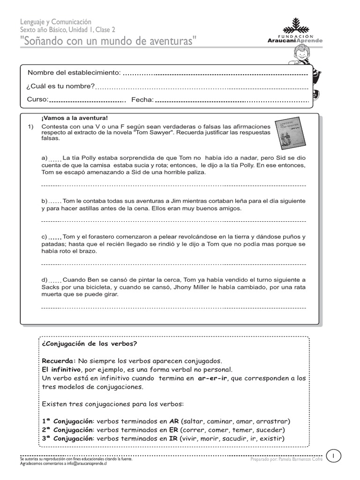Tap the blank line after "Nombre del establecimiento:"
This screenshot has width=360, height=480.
click(x=215, y=74)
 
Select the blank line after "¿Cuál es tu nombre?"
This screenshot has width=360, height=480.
click(x=202, y=87)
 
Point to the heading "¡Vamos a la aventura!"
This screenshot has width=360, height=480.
click(x=75, y=118)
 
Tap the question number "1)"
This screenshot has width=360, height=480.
click(x=31, y=127)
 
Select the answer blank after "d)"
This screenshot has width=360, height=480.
click(x=55, y=281)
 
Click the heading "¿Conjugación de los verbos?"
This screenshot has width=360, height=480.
click(x=89, y=344)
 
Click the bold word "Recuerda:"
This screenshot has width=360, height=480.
click(x=59, y=361)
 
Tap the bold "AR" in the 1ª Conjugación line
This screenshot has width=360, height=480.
click(x=174, y=421)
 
